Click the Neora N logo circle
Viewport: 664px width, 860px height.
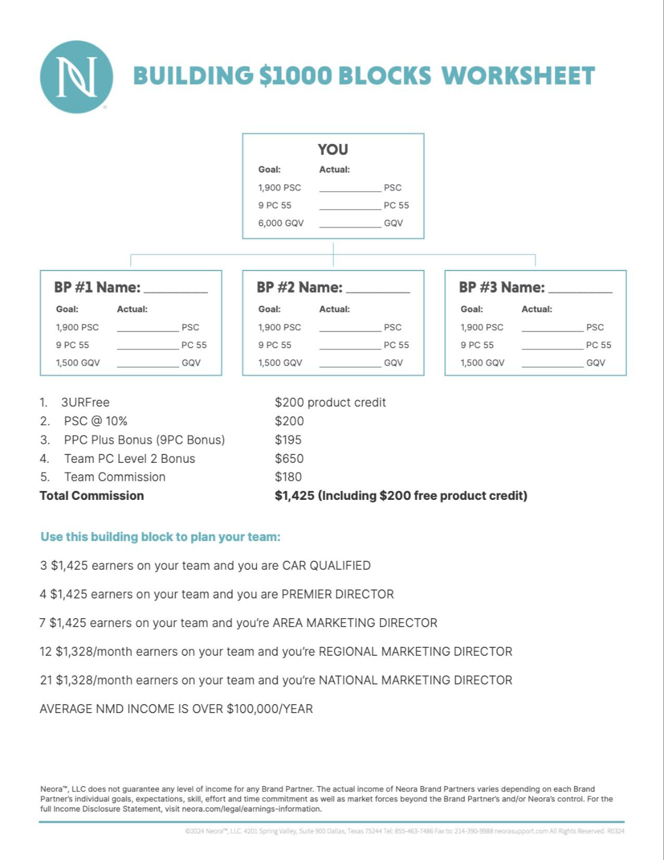tap(76, 77)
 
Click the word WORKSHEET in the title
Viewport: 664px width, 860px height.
tap(518, 76)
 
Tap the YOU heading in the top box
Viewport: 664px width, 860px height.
tap(333, 149)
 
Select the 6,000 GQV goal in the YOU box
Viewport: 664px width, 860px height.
tap(281, 223)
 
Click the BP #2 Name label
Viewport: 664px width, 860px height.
tap(299, 287)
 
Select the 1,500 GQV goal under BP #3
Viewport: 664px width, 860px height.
tap(482, 363)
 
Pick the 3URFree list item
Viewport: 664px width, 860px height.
tap(85, 403)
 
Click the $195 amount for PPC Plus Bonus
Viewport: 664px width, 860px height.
tap(288, 440)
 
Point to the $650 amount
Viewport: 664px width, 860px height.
tap(289, 459)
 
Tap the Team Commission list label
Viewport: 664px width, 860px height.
tap(115, 477)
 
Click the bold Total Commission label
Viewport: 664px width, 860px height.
tap(91, 496)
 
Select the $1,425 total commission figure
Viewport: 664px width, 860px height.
tap(294, 496)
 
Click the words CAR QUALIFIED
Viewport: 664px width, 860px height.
tap(326, 566)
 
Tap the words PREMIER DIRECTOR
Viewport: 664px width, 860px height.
tap(337, 594)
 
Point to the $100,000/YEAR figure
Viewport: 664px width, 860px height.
tap(269, 709)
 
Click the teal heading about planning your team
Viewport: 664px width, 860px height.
tap(160, 537)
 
